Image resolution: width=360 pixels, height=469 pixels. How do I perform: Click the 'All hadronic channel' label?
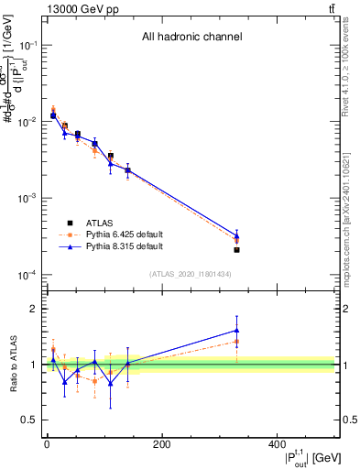pos(191,38)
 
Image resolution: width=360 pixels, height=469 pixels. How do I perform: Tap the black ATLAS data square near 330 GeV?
pos(236,249)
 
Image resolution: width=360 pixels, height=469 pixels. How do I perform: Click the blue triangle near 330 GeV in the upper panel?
pos(236,235)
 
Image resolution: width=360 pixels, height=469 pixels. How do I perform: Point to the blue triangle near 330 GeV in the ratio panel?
pos(236,331)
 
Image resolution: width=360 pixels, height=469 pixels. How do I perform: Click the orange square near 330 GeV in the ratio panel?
pos(236,342)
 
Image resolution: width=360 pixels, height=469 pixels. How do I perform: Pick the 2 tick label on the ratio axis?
pos(35,309)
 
